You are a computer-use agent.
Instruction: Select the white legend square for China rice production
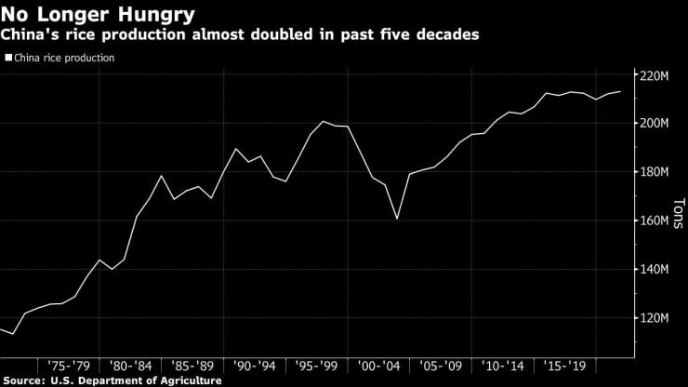point(8,58)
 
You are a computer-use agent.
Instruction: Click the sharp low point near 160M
point(397,219)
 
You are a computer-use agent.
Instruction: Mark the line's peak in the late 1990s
point(323,122)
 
